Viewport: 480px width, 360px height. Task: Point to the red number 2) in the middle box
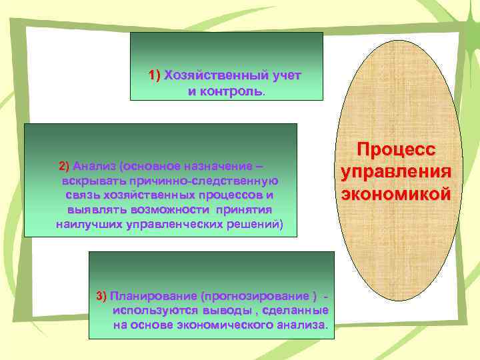pyautogui.click(x=65, y=165)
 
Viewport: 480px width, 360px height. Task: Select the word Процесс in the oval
pyautogui.click(x=396, y=149)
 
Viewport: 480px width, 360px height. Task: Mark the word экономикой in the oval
pyautogui.click(x=396, y=193)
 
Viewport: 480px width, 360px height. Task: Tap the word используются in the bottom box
pyautogui.click(x=156, y=311)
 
